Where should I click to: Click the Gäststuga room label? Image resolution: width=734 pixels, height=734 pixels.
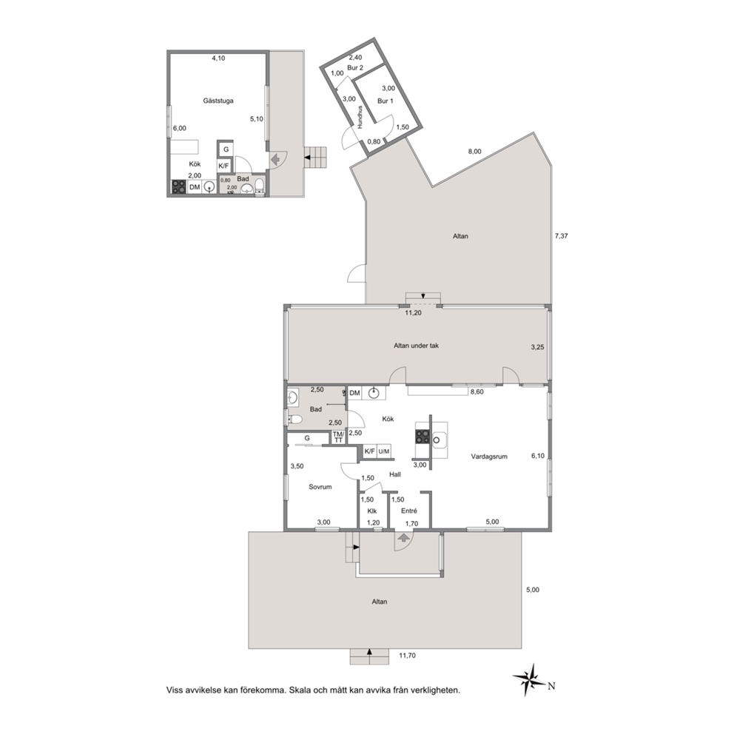point(218,101)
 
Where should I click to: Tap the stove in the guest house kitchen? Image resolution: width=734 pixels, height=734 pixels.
point(179,187)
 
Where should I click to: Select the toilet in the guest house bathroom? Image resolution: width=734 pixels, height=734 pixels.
point(260,186)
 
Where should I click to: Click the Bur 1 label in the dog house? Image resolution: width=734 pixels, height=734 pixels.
point(385,101)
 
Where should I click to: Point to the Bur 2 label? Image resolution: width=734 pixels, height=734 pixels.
point(355,68)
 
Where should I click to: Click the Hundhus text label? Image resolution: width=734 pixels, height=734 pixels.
point(360,118)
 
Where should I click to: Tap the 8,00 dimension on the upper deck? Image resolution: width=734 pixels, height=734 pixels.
point(475,152)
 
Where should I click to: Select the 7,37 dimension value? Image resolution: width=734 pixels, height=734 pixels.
point(561,236)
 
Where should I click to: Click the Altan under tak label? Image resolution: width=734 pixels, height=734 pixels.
point(416,346)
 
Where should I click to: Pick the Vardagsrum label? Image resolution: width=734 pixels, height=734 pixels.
point(489,457)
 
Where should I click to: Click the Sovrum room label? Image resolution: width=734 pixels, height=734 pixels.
point(320,487)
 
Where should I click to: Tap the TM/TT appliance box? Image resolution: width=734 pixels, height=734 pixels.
point(338,437)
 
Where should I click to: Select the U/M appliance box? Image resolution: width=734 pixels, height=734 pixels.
point(384,451)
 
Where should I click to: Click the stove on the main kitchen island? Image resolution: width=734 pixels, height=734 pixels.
point(422,437)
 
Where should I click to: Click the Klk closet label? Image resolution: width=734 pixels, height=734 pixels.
point(372,511)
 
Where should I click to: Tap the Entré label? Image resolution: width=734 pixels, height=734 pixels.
point(408,511)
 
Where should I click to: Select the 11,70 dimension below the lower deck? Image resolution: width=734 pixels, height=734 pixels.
point(407,656)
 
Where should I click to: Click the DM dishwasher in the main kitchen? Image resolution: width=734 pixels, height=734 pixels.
point(355,393)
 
